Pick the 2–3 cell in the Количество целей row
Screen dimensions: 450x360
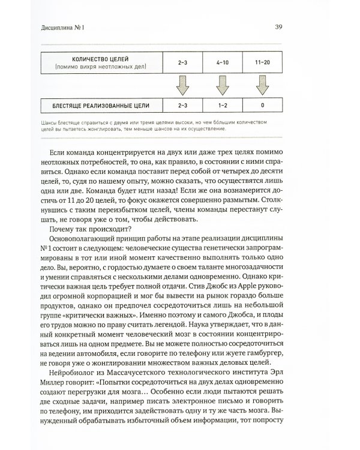click(x=182, y=61)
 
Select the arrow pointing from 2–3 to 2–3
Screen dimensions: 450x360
click(x=182, y=85)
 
